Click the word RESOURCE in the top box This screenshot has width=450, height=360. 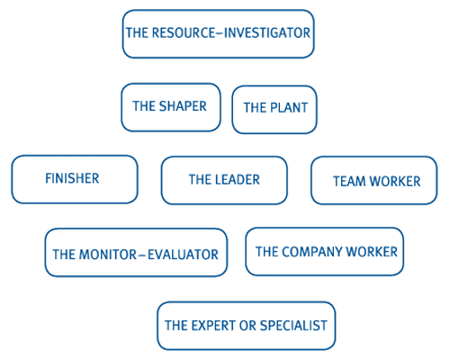[x=184, y=32]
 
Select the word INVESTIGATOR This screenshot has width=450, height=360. [x=267, y=32]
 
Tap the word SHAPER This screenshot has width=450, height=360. [x=183, y=106]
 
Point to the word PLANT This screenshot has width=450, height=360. [x=289, y=108]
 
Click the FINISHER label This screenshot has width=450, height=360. [x=72, y=178]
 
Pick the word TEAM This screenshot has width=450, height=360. [x=349, y=181]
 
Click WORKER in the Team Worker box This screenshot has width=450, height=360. [x=395, y=181]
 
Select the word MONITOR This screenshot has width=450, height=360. [x=108, y=255]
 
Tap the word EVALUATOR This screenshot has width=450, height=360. [x=183, y=255]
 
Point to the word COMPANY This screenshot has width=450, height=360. [x=312, y=252]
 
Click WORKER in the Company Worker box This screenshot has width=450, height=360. [x=372, y=252]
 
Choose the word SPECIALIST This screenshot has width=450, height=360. [x=293, y=326]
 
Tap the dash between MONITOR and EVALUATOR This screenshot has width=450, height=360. [x=142, y=256]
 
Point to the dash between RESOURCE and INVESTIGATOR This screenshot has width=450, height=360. [x=220, y=33]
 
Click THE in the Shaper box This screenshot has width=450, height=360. [x=144, y=106]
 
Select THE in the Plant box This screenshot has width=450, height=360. [x=255, y=108]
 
